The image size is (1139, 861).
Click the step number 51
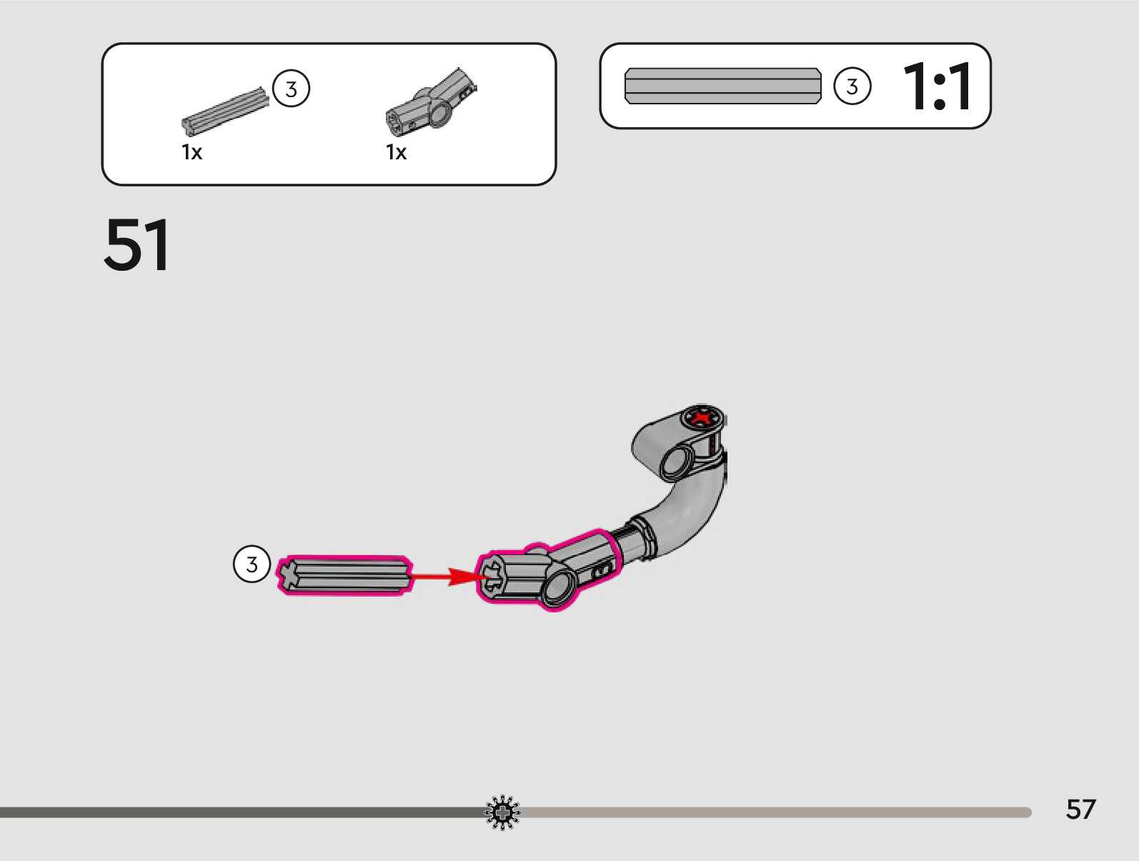136,245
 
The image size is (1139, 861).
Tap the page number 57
1080,810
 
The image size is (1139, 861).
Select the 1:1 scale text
937,86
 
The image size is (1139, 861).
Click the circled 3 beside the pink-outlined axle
252,564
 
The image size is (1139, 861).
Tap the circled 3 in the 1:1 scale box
852,86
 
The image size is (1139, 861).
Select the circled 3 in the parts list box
291,89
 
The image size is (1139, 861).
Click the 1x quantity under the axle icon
192,152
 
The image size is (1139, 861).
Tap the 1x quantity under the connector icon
396,152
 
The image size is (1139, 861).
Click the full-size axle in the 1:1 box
722,86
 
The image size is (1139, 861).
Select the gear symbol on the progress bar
502,812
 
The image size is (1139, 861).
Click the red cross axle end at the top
703,417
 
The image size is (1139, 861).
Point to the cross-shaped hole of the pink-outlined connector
491,577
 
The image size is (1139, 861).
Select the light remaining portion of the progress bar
772,812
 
